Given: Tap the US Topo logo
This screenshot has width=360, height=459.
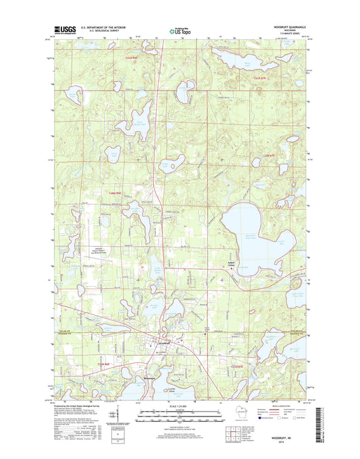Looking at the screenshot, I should click(179, 30).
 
